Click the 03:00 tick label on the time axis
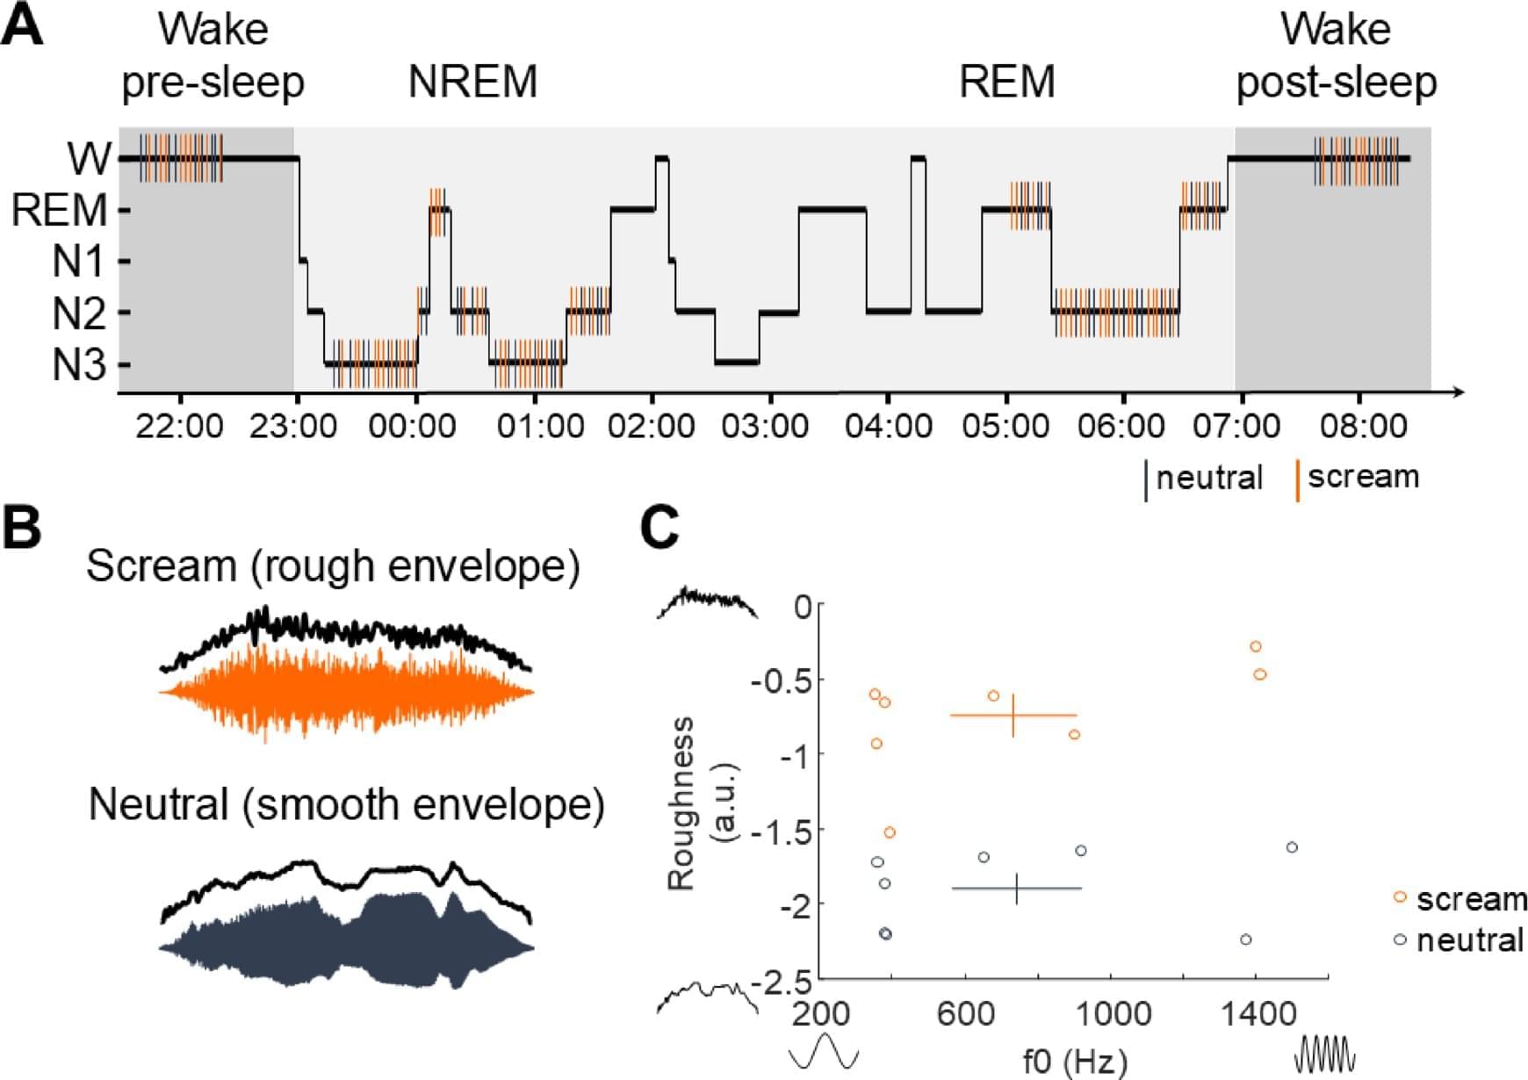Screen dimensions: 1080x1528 (x=765, y=427)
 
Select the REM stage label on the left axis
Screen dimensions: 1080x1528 (x=59, y=211)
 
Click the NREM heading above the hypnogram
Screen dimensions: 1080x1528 (x=472, y=83)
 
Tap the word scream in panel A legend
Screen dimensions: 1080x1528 (x=1363, y=477)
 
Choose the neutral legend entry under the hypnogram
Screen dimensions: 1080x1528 (x=1208, y=479)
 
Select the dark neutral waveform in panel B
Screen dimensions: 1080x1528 (x=346, y=944)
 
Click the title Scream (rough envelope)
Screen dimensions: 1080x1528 (x=333, y=566)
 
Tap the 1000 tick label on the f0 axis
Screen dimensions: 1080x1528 (x=1113, y=1015)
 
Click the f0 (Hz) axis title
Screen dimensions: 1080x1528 (x=1074, y=1061)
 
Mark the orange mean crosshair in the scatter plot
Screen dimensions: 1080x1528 (x=1013, y=716)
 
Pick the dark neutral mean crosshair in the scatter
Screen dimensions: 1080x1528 (x=1017, y=889)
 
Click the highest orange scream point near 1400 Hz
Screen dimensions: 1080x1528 (x=1256, y=647)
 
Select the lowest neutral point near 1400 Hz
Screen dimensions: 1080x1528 (x=1245, y=940)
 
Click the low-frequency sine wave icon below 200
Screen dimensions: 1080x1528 (x=823, y=1051)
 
